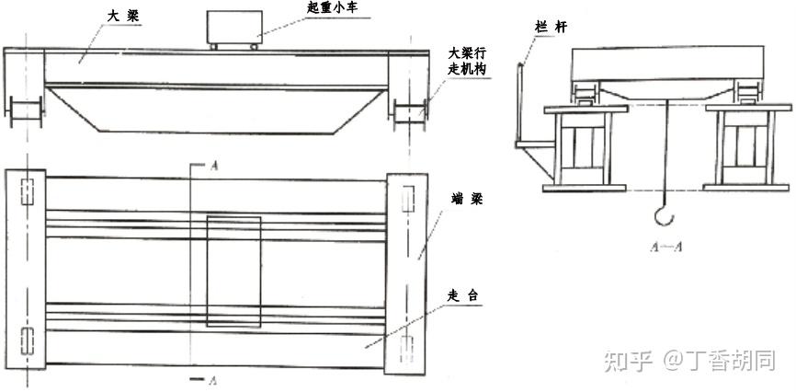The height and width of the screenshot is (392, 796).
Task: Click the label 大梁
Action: [123, 16]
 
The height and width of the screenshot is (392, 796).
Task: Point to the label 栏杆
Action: [551, 27]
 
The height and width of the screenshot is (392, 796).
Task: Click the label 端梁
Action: [466, 199]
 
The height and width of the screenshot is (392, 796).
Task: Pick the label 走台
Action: [462, 295]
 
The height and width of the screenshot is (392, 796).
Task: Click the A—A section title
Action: [665, 248]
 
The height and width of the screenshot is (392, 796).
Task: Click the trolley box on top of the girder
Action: [233, 28]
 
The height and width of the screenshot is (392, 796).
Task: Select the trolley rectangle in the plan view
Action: [233, 271]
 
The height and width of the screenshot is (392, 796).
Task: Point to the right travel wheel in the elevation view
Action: [409, 114]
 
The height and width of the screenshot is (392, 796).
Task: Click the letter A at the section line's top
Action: [214, 167]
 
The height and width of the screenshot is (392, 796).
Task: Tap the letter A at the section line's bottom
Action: [214, 379]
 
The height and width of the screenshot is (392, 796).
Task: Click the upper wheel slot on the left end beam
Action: [27, 191]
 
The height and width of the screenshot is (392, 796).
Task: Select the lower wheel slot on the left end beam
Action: [27, 341]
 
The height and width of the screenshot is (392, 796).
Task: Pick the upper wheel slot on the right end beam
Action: [408, 199]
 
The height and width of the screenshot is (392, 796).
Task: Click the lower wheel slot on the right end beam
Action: [406, 350]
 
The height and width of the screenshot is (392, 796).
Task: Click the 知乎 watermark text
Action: [628, 361]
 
